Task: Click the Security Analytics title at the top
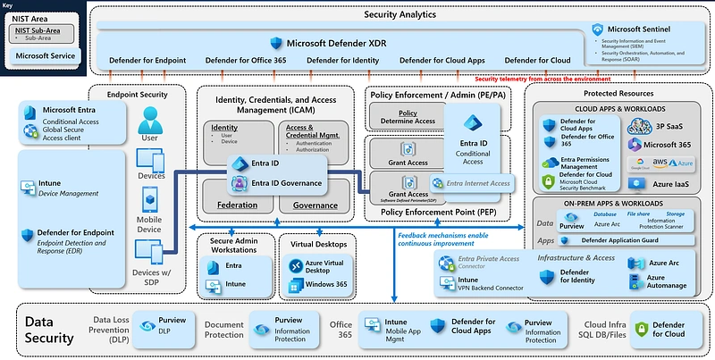tap(400, 15)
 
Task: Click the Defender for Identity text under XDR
tap(341, 61)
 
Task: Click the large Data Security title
tap(48, 330)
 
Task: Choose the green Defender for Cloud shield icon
tap(641, 331)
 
